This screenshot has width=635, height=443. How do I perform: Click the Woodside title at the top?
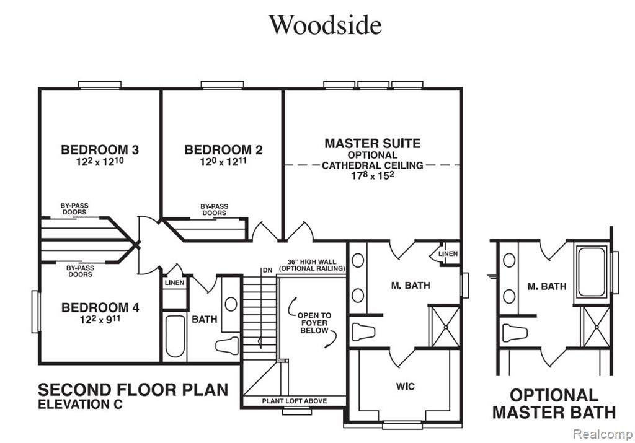(326, 25)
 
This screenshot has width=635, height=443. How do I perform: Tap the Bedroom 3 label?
(100, 150)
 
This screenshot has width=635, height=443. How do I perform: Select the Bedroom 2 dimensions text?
(223, 162)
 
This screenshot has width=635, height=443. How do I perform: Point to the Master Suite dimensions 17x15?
(373, 175)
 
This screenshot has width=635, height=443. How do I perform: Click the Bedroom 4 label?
(100, 307)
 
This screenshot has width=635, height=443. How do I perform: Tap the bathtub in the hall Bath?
(175, 336)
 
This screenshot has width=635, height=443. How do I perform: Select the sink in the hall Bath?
(231, 304)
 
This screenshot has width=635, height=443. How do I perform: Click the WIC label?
(405, 387)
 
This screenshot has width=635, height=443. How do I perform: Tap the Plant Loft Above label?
(295, 401)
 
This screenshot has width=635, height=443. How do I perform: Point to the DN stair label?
(267, 270)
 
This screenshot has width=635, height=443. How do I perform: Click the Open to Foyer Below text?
(314, 323)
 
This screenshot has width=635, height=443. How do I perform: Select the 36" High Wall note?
(312, 265)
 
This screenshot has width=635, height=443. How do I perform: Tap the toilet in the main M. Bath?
(363, 331)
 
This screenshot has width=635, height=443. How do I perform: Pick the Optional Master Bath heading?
(554, 403)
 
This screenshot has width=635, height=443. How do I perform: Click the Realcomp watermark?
(603, 434)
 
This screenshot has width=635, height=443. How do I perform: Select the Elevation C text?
(80, 404)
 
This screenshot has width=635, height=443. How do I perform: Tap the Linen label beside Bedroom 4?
(174, 283)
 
